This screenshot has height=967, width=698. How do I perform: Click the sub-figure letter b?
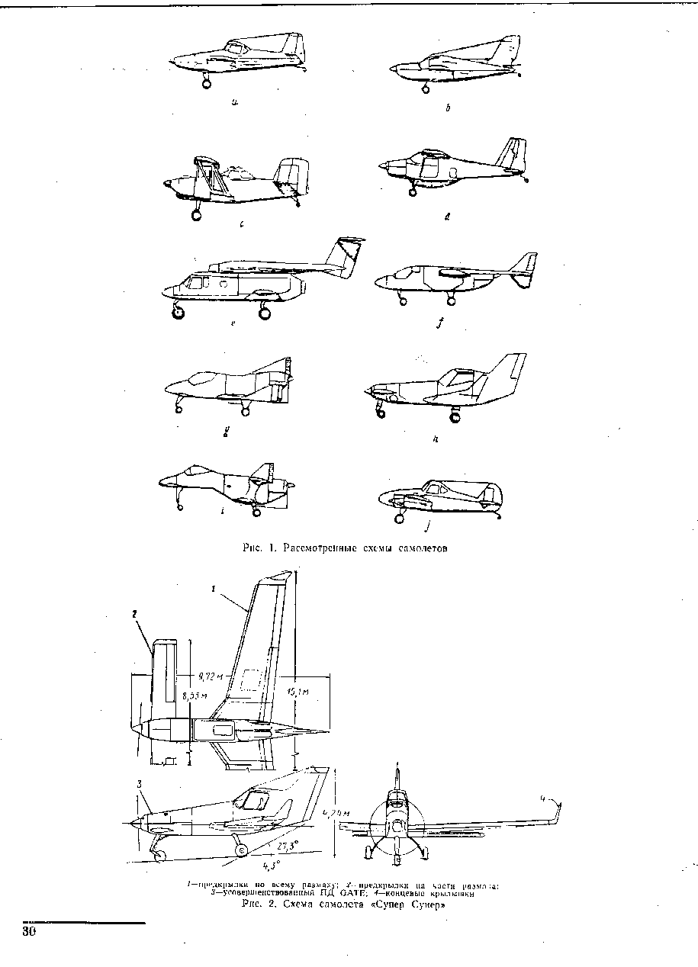tap(448, 109)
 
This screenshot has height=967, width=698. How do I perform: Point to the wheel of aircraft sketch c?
tap(196, 216)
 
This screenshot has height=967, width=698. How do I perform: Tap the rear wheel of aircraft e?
tap(265, 312)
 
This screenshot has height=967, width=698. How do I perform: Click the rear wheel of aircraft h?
tap(455, 416)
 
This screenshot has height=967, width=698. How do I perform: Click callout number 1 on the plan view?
tap(214, 589)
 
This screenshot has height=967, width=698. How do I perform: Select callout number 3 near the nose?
tap(140, 784)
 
